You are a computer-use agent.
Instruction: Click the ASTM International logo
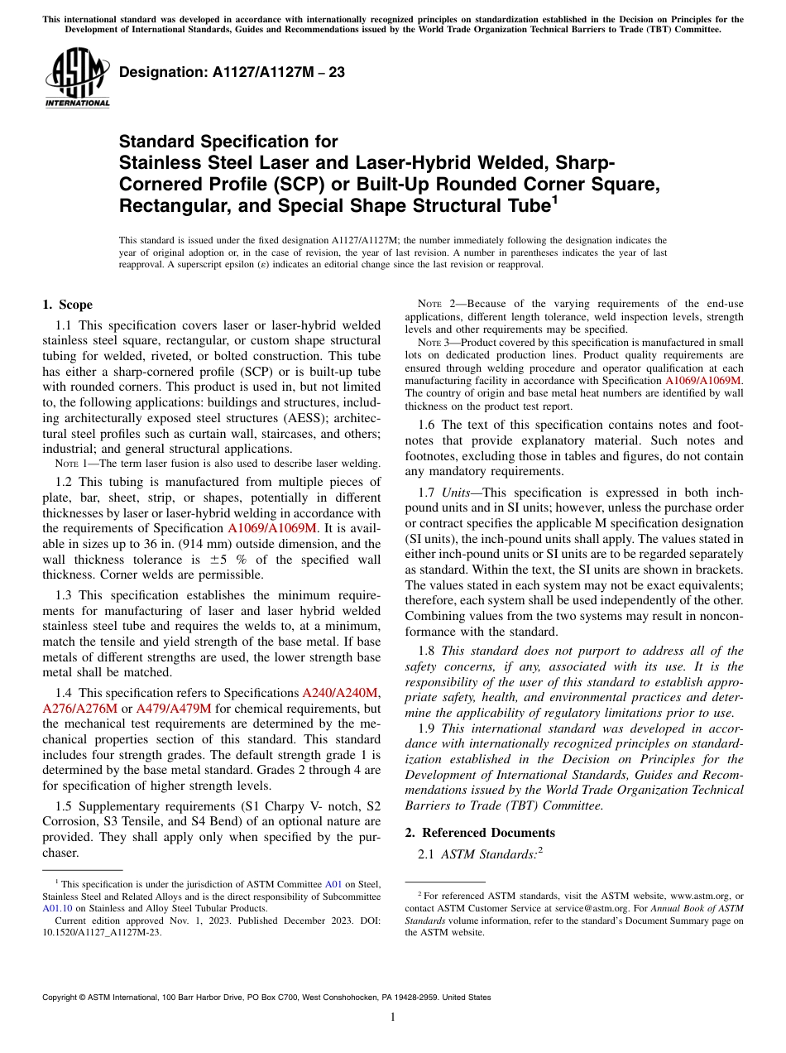[x=76, y=79]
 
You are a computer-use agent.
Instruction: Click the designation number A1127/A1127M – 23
[x=232, y=72]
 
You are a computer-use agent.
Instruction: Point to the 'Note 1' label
[x=70, y=464]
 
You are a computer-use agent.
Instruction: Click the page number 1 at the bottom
[x=393, y=1017]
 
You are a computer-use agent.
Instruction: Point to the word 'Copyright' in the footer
[x=62, y=998]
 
